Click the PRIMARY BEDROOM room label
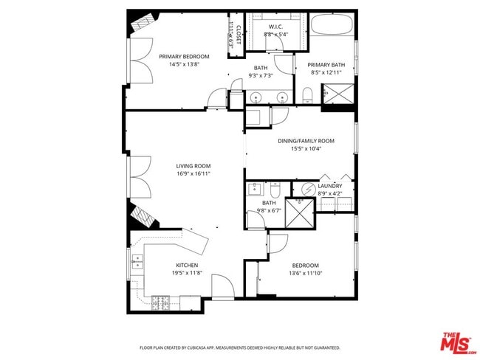tap(184, 56)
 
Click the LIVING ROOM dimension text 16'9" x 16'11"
tap(193, 174)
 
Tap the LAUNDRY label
tap(330, 187)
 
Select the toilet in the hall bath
tap(274, 188)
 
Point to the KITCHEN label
tap(186, 266)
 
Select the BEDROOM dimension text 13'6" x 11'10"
tap(305, 274)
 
